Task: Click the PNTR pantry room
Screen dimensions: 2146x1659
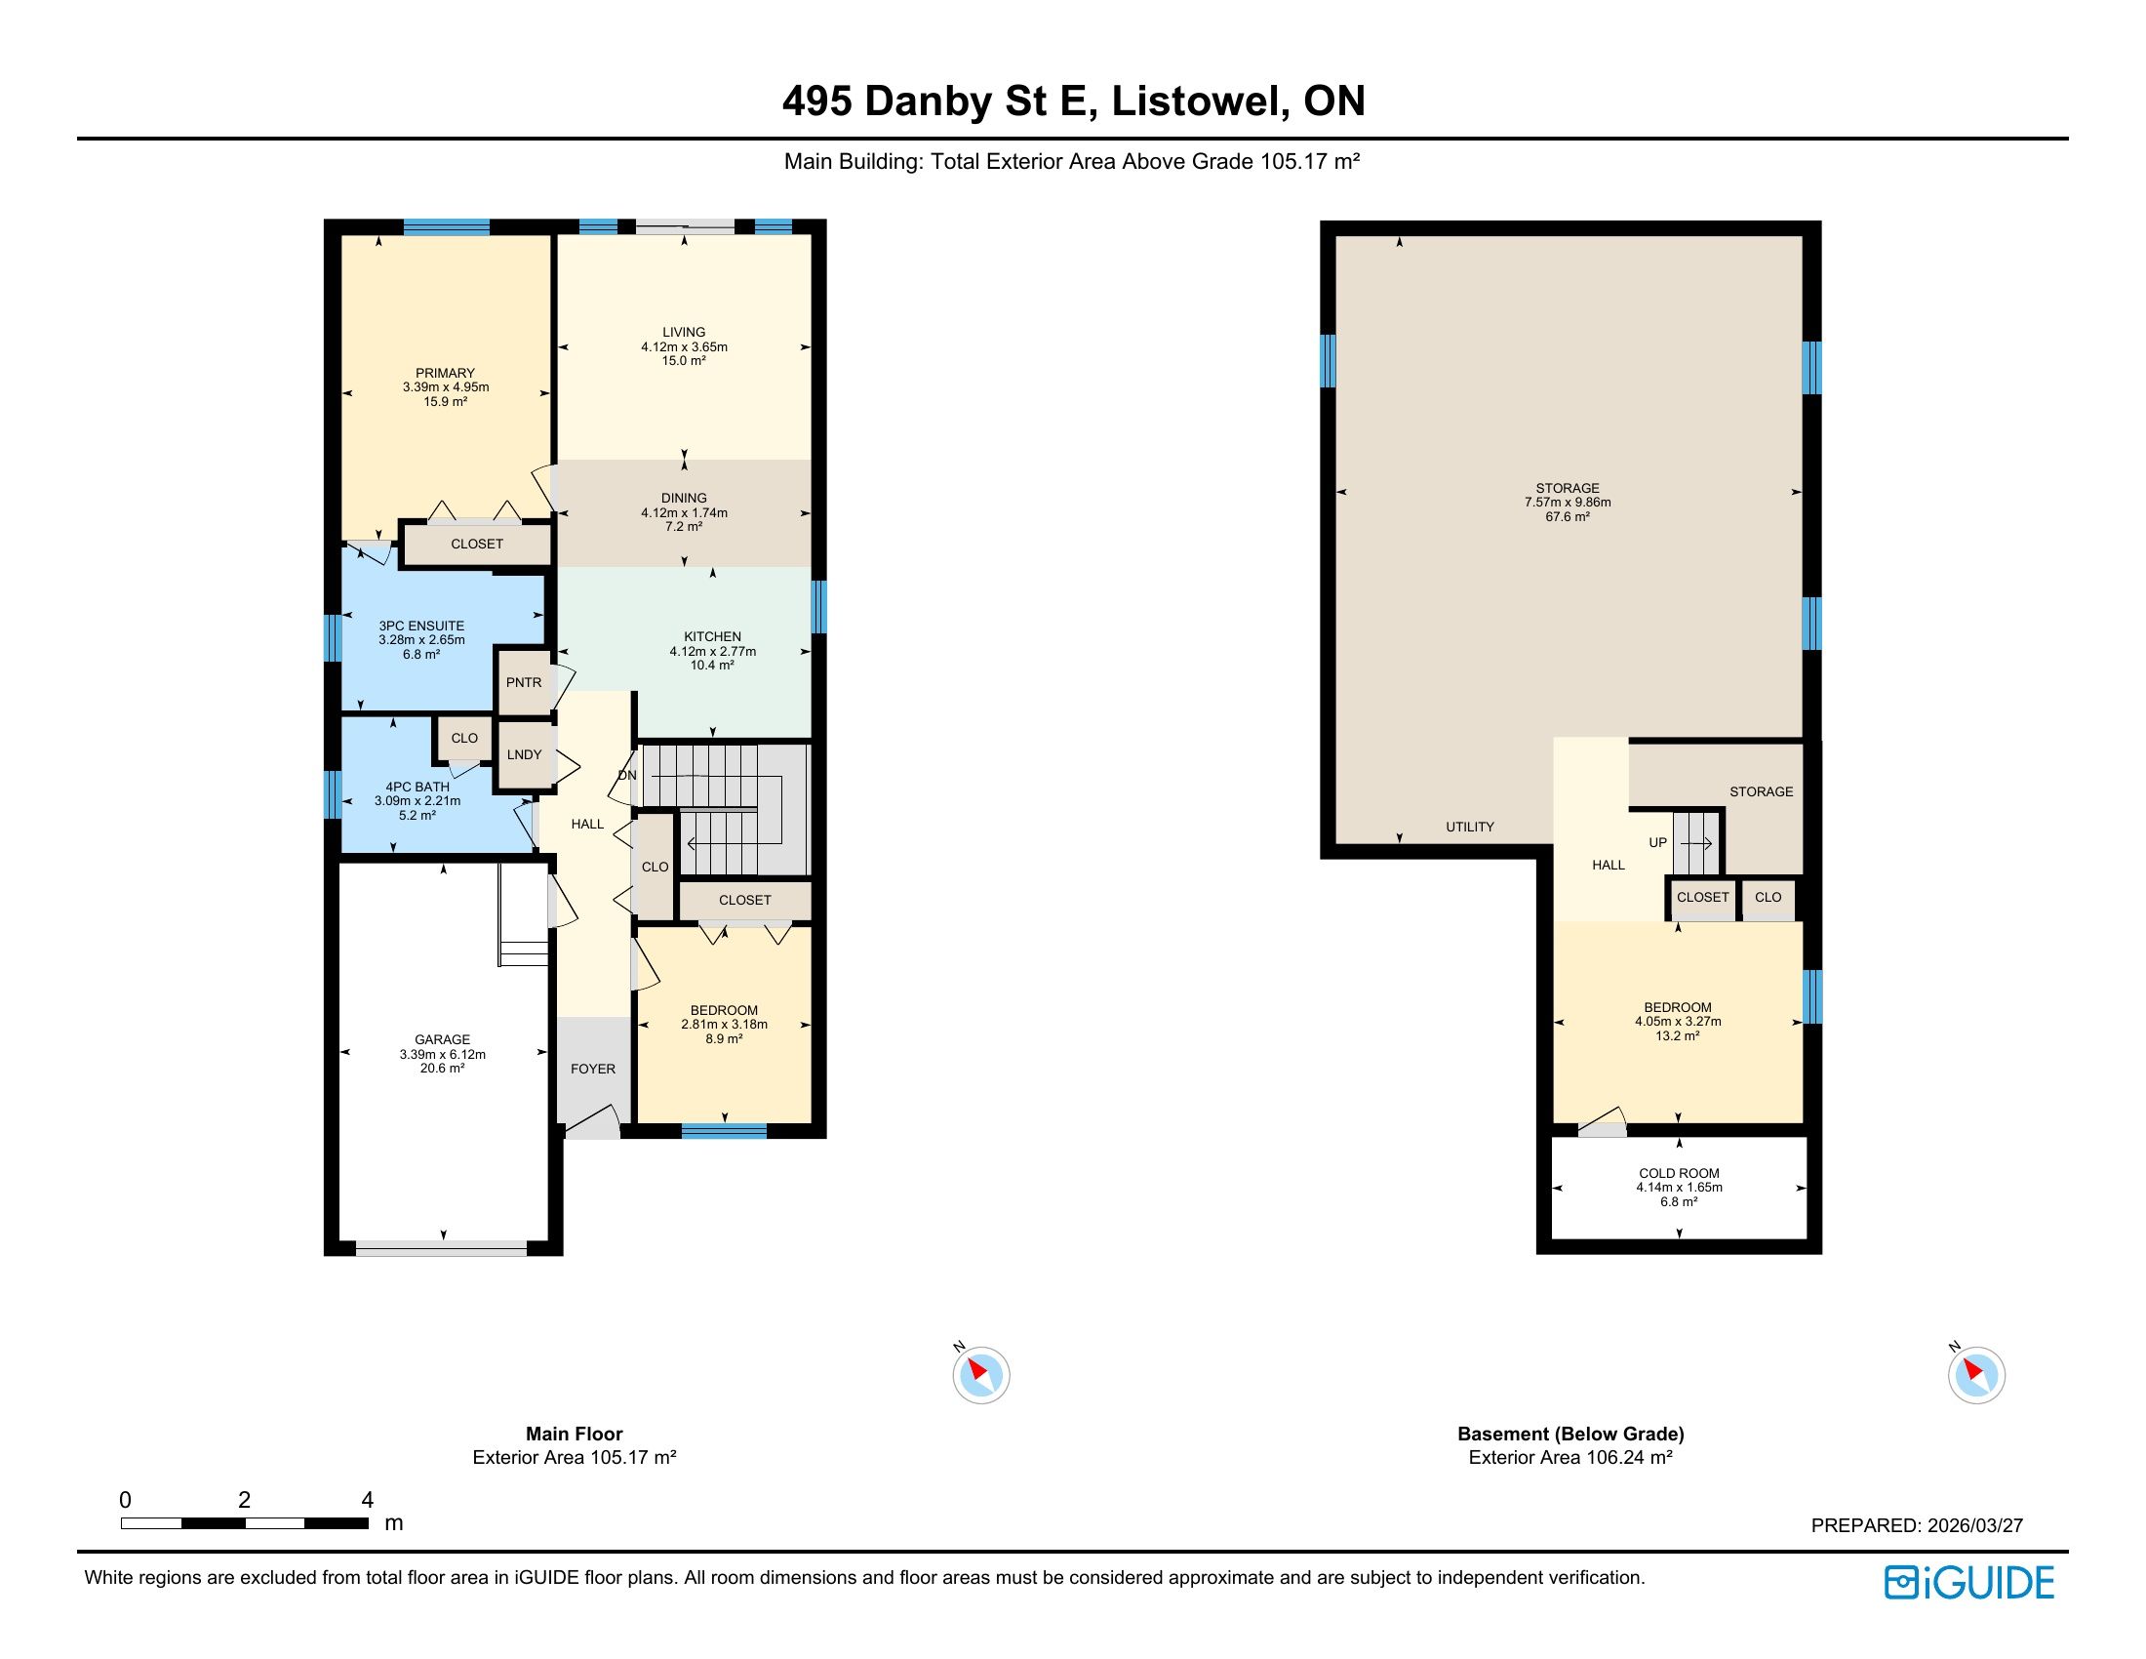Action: [524, 682]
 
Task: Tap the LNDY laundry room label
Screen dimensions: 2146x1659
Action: [525, 754]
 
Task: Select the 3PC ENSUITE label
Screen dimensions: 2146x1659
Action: [421, 627]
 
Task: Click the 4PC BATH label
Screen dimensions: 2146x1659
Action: [417, 787]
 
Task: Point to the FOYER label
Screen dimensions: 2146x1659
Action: [593, 1069]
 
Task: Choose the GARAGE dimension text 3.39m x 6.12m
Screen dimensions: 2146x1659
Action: [442, 1055]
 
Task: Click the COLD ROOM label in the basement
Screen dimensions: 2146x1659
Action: [1680, 1172]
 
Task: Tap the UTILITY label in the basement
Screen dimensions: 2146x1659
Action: [1470, 827]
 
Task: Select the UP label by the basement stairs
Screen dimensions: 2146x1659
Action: [1657, 842]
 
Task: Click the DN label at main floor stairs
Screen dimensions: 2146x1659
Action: [627, 776]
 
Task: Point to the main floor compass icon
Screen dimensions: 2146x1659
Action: [980, 1374]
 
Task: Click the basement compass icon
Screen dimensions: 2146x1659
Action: [1977, 1374]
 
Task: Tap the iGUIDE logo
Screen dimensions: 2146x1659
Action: [1969, 1582]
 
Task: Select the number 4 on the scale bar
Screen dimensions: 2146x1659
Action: [368, 1499]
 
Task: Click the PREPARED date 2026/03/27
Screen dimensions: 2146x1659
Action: [1975, 1525]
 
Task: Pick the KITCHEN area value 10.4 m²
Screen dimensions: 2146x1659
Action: [712, 666]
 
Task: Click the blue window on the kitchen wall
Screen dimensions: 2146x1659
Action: [818, 607]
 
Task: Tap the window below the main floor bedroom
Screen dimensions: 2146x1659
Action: [724, 1131]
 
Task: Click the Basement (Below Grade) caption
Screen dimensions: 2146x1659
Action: [1570, 1433]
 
